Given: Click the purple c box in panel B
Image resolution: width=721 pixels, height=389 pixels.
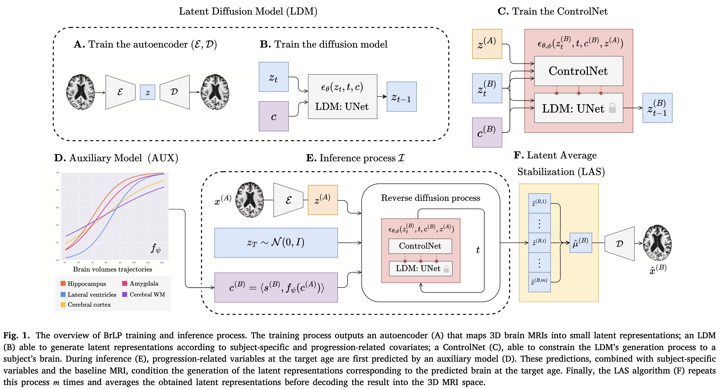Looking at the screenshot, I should coord(273,116).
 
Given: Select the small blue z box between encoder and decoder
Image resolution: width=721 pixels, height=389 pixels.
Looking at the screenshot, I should coord(147,92).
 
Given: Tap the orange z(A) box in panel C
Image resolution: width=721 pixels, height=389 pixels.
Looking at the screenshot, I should coord(487,44).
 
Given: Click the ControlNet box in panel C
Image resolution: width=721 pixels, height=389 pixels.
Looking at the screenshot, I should coord(578,71).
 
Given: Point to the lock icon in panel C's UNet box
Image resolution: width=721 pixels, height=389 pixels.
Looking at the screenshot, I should coord(612,108).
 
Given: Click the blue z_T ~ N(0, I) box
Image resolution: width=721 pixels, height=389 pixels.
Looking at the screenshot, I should coord(276,243).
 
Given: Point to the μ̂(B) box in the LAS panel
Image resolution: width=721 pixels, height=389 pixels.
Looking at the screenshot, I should coord(580,243).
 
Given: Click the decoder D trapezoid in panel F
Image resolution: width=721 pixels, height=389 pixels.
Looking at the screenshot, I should coord(620,244).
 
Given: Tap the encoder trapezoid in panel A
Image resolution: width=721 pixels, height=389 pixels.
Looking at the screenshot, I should coord(120,92).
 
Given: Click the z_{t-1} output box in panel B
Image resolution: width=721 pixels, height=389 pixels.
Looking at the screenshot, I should coord(401,97).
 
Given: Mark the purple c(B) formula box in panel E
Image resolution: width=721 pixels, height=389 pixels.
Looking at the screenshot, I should coord(276,288).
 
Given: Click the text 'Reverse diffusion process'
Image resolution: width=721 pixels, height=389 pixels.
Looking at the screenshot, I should coord(430,198).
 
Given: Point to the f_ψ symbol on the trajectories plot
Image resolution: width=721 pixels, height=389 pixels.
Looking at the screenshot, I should coord(156,248).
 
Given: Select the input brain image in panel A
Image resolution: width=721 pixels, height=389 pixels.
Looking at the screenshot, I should coord(80,92).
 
